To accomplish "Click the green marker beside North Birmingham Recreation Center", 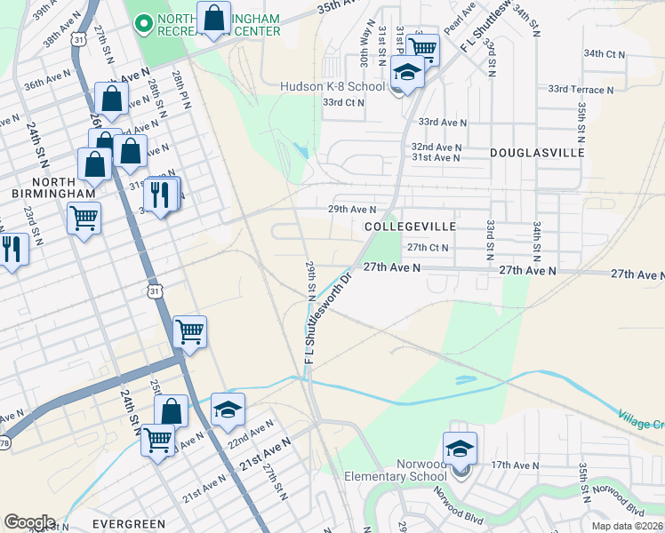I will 142,24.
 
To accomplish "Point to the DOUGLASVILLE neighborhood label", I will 537,153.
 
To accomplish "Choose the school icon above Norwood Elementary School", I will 460,448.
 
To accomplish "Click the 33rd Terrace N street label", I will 581,90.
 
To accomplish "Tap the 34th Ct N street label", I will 605,54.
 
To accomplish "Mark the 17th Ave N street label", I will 516,465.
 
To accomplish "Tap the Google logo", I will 29,522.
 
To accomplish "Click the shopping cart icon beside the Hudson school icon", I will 423,49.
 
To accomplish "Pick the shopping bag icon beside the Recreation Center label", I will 213,19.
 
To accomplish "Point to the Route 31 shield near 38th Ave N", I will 79,40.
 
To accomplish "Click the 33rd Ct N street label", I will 343,103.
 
